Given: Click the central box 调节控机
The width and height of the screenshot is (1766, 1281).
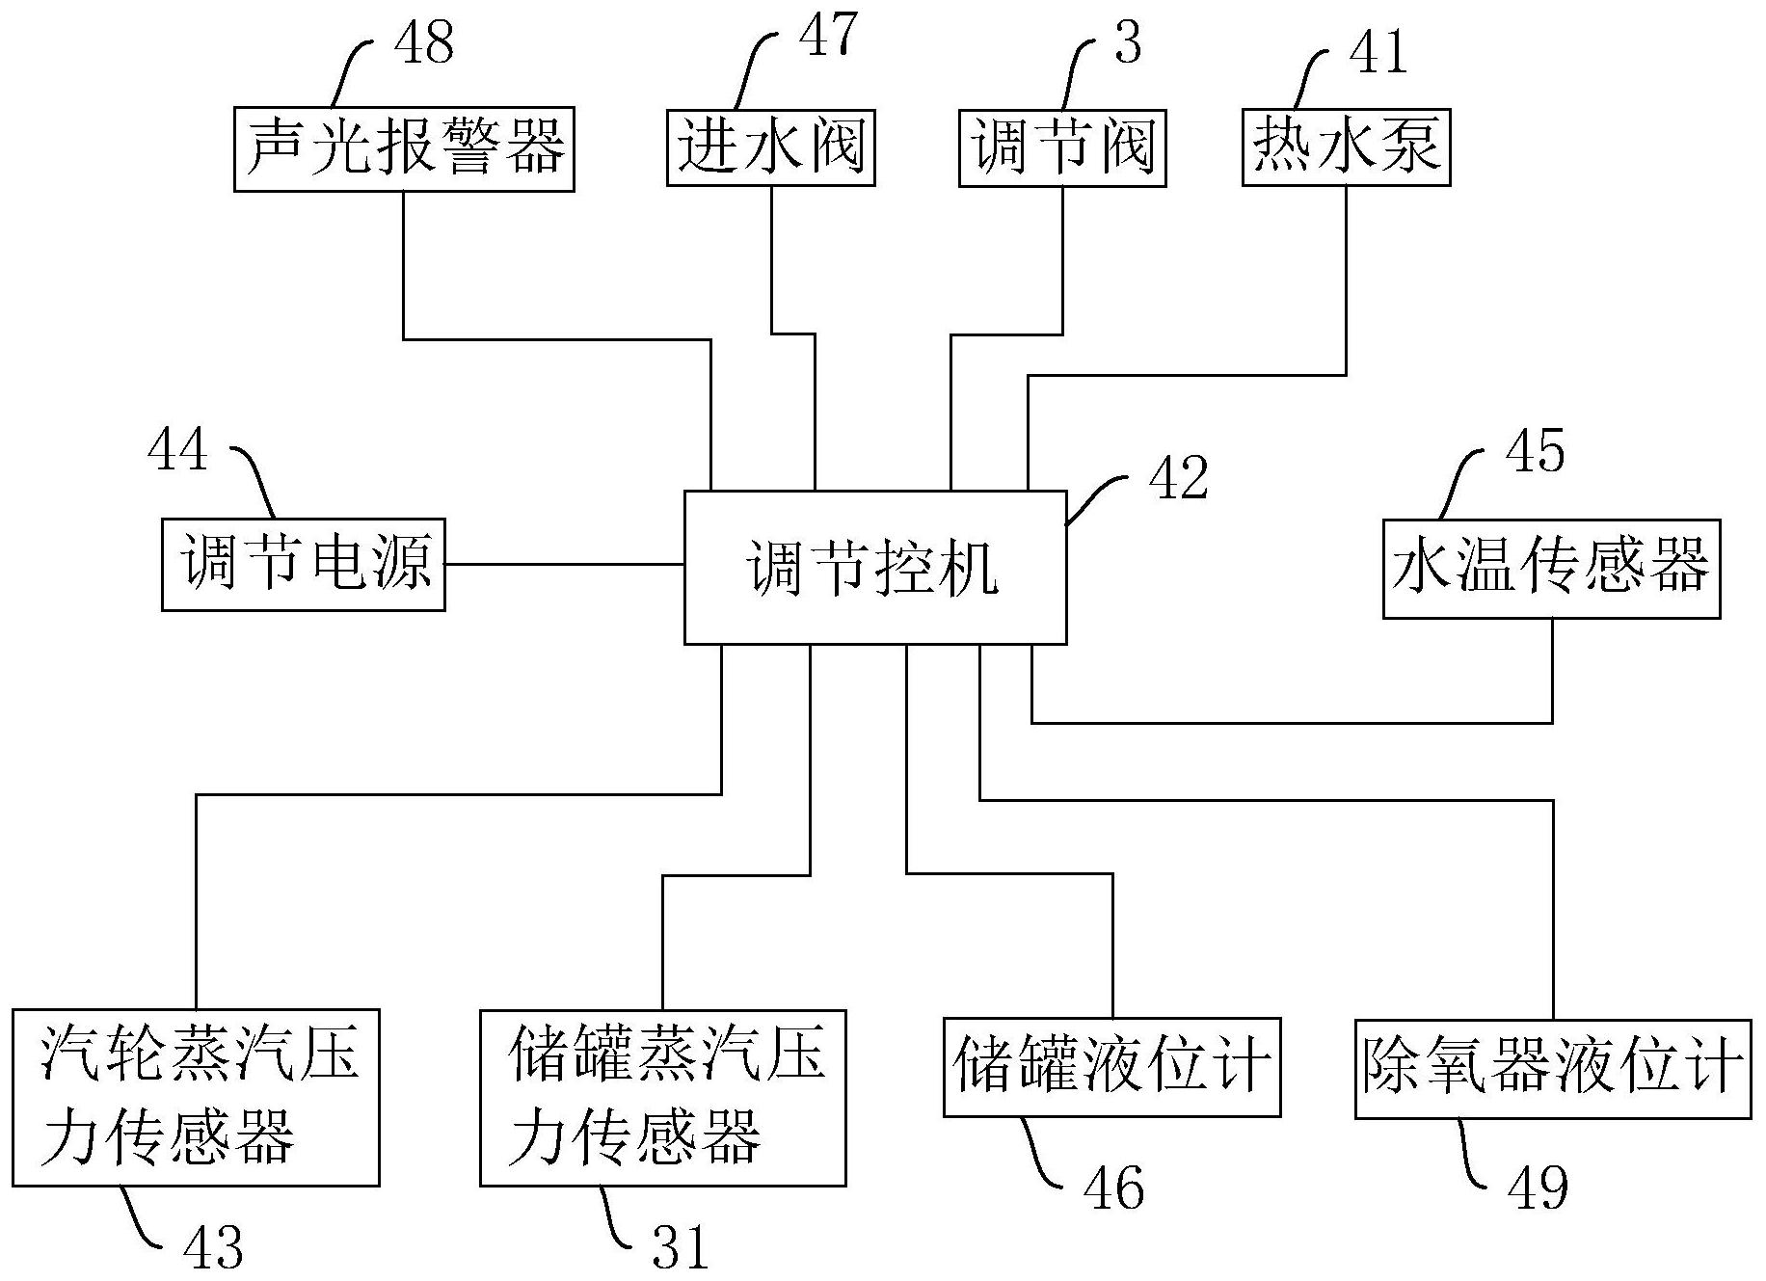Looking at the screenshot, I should point(874,567).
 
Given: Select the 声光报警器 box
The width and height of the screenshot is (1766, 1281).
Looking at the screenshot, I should point(404,149).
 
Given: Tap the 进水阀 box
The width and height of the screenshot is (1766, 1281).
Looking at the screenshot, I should point(770,147).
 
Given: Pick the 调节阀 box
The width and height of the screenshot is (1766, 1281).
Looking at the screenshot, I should point(1061,147).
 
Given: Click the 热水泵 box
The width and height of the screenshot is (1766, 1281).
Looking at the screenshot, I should point(1346,146).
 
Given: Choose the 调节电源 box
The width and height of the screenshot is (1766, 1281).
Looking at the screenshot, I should point(303,564).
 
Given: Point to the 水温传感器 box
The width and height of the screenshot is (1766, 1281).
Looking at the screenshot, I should point(1551,569).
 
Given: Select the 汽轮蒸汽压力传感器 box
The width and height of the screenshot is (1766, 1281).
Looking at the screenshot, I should point(196,1097).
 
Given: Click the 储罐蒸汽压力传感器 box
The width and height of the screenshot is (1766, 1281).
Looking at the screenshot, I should point(663,1097).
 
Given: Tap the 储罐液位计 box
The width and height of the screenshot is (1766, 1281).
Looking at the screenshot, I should point(1111,1067).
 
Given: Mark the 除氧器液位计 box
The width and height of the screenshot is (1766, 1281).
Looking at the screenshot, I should point(1552,1068).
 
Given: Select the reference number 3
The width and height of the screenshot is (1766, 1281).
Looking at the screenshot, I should point(1127,42).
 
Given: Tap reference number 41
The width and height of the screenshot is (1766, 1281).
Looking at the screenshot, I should point(1378,50).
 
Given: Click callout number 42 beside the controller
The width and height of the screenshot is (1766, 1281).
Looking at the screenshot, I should point(1178,477).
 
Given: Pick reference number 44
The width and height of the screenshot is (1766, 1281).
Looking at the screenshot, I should point(177,449).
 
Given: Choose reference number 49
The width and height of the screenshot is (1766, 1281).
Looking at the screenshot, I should point(1539,1187).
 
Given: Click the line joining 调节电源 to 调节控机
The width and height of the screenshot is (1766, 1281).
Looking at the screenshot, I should point(564,564).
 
